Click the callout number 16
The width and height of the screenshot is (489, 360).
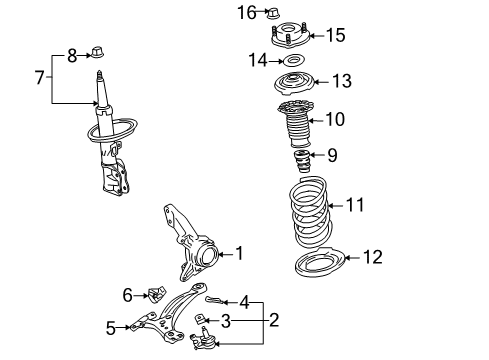coord(247,12)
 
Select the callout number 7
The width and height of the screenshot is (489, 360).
coord(40,77)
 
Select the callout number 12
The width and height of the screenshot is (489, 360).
coord(372,257)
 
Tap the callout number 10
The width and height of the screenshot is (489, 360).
coord(335,120)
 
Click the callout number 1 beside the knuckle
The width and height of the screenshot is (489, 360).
coord(238,254)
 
